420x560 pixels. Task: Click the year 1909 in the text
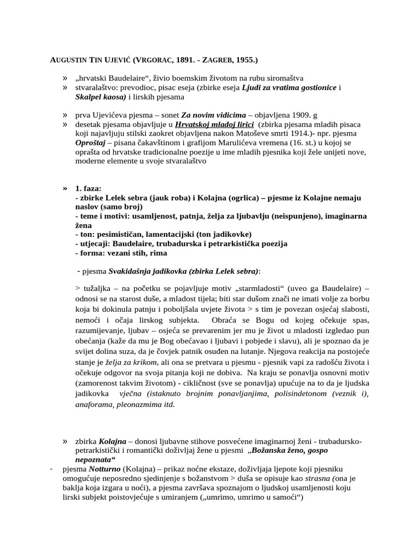298,115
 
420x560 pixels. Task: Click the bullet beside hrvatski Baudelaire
66,78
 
